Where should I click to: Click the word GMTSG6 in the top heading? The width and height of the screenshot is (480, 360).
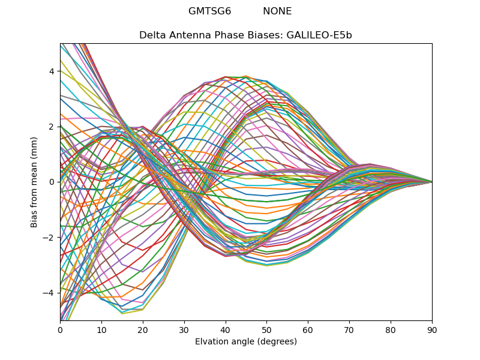pyautogui.click(x=209, y=11)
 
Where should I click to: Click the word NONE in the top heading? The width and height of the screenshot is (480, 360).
pyautogui.click(x=277, y=11)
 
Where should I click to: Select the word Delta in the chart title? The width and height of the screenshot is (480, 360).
pyautogui.click(x=151, y=35)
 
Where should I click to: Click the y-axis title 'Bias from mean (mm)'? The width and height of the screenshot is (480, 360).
pyautogui.click(x=34, y=181)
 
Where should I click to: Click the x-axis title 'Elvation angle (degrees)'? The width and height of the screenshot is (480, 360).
pyautogui.click(x=246, y=342)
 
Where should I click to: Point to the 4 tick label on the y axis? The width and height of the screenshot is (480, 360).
pyautogui.click(x=51, y=71)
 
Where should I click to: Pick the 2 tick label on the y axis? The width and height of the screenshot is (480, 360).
pyautogui.click(x=51, y=127)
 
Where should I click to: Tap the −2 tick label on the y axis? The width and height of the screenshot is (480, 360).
pyautogui.click(x=49, y=237)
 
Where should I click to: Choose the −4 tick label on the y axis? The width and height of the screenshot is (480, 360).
pyautogui.click(x=49, y=293)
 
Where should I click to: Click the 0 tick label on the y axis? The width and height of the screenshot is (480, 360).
pyautogui.click(x=51, y=182)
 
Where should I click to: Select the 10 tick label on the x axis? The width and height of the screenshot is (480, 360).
pyautogui.click(x=101, y=329)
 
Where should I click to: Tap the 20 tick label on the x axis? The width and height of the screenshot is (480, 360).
pyautogui.click(x=143, y=329)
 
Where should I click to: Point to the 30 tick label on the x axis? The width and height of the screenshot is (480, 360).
pyautogui.click(x=184, y=329)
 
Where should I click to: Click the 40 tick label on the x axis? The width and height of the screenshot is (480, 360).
pyautogui.click(x=226, y=329)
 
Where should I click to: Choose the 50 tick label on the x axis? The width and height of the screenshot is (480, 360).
pyautogui.click(x=266, y=329)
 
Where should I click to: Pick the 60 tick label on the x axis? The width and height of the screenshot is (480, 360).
pyautogui.click(x=308, y=329)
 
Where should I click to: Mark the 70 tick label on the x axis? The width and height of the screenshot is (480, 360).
pyautogui.click(x=349, y=329)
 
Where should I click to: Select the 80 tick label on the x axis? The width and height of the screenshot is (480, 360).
pyautogui.click(x=391, y=329)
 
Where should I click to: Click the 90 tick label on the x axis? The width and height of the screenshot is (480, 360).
pyautogui.click(x=432, y=329)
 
